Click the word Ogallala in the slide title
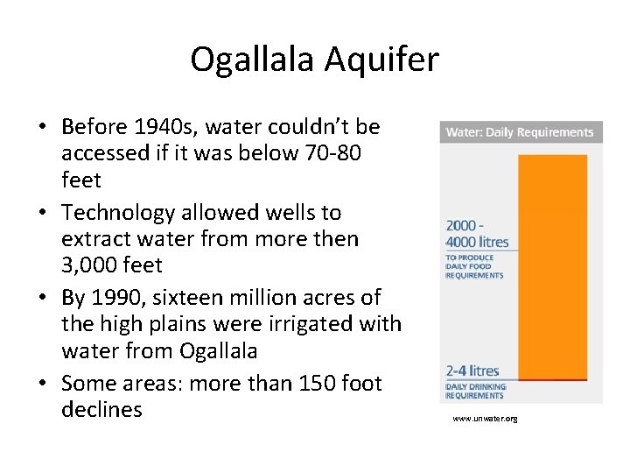(x=253, y=60)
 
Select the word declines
(x=101, y=409)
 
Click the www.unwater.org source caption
(x=485, y=419)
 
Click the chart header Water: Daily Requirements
(x=520, y=133)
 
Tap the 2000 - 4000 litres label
(x=477, y=234)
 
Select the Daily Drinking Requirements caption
(x=475, y=391)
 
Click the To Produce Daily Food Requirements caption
(x=474, y=266)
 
